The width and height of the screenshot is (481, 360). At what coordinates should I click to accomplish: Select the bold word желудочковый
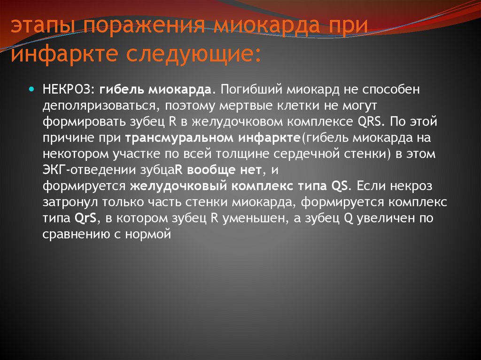pos(178,186)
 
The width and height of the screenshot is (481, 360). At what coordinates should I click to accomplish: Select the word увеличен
pos(386,218)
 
